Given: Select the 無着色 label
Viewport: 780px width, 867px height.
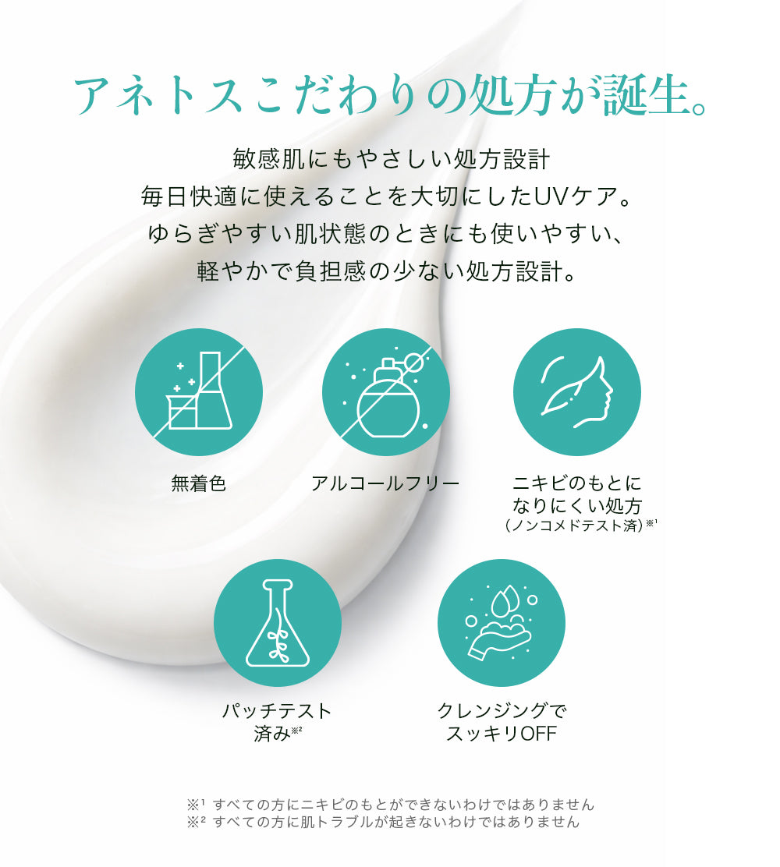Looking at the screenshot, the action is (x=199, y=483).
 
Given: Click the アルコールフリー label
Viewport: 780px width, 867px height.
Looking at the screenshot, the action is (x=385, y=483).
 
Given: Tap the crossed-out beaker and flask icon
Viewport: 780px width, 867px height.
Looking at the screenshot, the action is (x=199, y=392).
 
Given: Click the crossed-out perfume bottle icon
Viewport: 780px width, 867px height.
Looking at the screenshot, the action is (x=386, y=392).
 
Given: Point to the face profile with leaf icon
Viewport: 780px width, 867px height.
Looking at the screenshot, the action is (x=577, y=392).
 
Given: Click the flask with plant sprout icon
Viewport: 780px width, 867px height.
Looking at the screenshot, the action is (x=277, y=623).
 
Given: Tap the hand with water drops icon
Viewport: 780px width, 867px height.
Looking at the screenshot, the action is (x=502, y=623).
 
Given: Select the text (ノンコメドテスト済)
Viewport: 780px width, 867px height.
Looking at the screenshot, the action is (x=574, y=526).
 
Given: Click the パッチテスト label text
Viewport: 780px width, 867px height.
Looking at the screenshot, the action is (x=277, y=710).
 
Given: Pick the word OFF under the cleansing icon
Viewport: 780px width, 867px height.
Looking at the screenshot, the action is (x=538, y=734).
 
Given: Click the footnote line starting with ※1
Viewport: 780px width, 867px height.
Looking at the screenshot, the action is (x=390, y=804).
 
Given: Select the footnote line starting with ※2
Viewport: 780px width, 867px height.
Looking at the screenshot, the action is (x=383, y=823).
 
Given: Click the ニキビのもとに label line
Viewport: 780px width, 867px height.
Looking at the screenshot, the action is (x=577, y=483).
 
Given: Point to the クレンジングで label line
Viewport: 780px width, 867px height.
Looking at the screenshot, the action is (x=502, y=710).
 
